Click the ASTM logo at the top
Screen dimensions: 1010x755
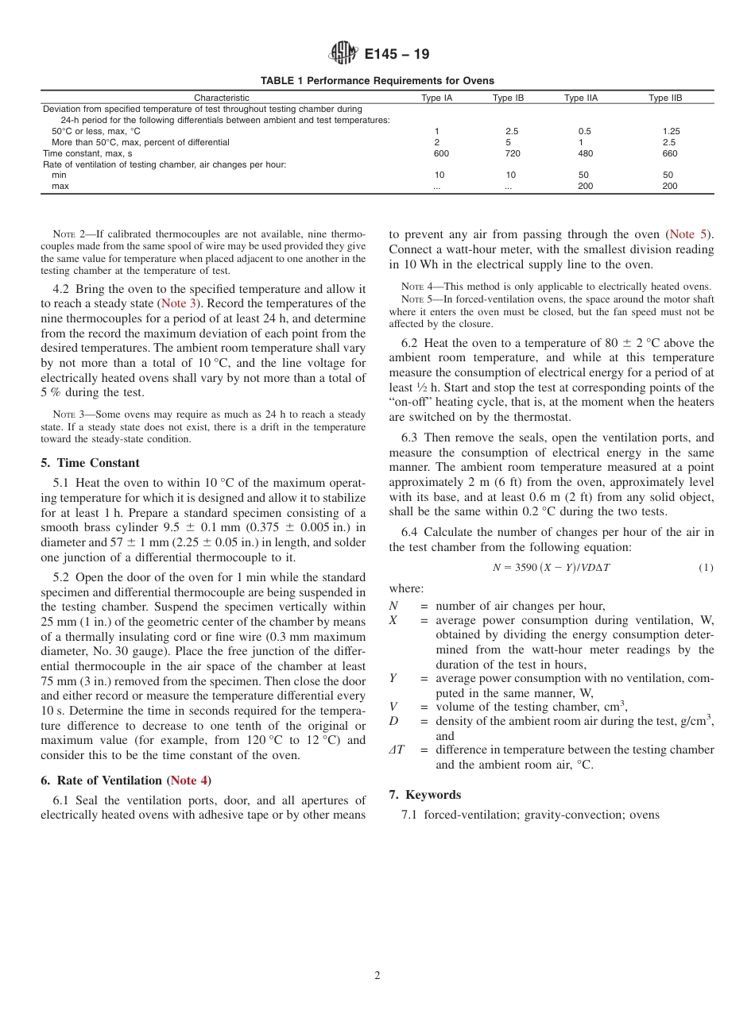(344, 53)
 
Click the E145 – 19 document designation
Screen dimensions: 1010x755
(397, 54)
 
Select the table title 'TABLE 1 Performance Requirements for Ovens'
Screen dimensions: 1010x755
(377, 81)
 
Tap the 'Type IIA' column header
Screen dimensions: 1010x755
(580, 98)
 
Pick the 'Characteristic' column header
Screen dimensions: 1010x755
(222, 98)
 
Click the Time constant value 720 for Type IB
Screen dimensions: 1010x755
(513, 153)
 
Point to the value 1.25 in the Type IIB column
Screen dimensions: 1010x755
(671, 131)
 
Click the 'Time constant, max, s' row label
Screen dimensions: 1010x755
(87, 153)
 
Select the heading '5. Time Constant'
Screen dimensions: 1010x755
(90, 463)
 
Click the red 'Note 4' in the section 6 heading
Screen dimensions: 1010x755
(188, 781)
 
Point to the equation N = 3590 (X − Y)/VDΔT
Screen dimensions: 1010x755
(552, 568)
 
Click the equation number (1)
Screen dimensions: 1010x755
(705, 568)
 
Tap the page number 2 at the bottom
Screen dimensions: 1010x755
(377, 976)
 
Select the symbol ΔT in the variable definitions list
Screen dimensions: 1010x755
(397, 750)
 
